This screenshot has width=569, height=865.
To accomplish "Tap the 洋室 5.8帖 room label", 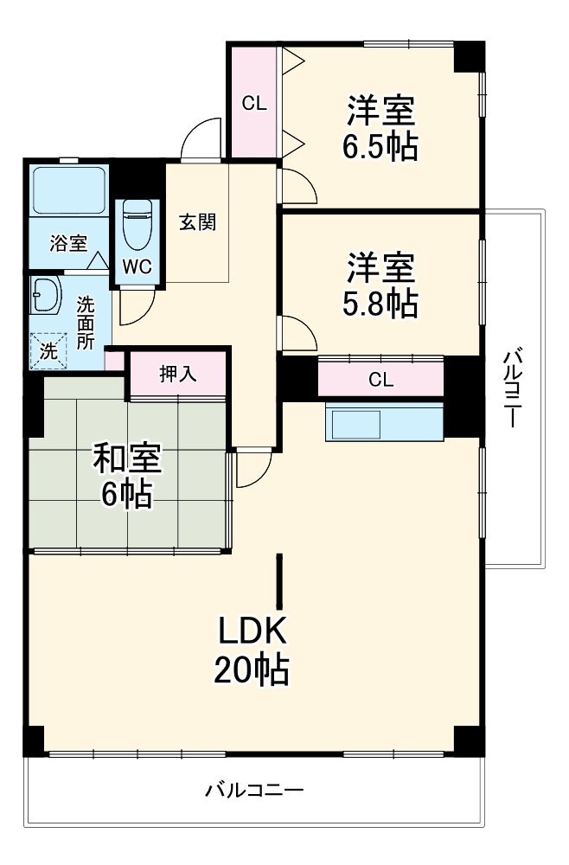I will (x=382, y=285).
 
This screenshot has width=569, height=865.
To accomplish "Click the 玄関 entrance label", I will (x=197, y=221).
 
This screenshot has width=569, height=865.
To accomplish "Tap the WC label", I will (x=136, y=266).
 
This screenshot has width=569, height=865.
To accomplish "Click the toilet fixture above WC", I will (x=136, y=225).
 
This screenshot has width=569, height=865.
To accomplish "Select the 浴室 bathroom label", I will (x=67, y=243).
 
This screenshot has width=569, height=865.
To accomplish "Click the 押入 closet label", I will (x=178, y=375).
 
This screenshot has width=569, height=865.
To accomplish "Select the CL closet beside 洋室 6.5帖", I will (x=253, y=104).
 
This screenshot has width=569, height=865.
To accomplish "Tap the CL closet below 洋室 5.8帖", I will (x=381, y=379).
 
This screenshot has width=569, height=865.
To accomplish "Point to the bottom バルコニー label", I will (x=254, y=790).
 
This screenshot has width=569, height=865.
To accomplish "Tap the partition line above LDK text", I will (x=279, y=581).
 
